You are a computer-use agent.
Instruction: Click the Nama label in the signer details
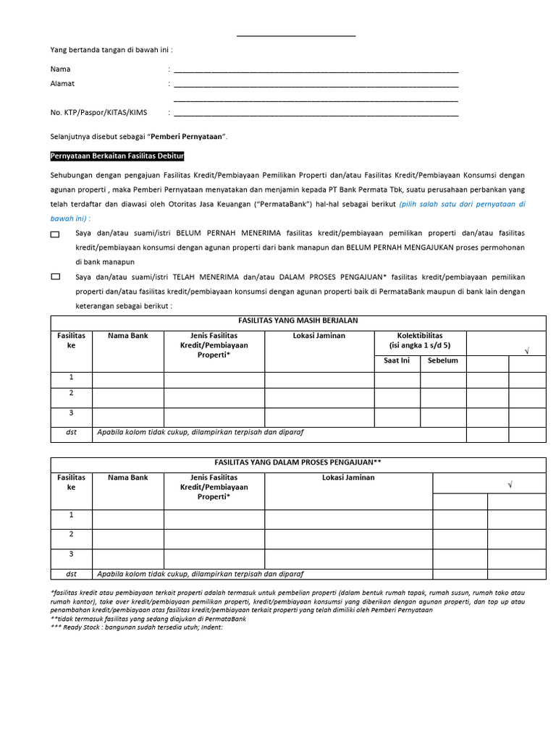(x=60, y=69)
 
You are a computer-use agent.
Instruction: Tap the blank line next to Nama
(x=316, y=71)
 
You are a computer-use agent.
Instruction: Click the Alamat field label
(x=62, y=84)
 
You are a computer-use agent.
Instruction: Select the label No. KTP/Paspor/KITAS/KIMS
(x=98, y=112)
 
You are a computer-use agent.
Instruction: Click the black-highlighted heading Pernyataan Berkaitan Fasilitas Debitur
(x=117, y=156)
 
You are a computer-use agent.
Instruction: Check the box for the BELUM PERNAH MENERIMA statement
(x=56, y=235)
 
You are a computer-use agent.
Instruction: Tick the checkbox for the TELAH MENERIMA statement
(x=56, y=277)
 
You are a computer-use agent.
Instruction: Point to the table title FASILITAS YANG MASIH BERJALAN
(x=298, y=321)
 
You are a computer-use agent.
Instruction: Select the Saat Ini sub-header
(x=396, y=360)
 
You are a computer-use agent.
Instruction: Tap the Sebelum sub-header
(x=442, y=360)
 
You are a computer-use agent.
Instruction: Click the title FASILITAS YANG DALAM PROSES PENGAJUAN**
(x=298, y=462)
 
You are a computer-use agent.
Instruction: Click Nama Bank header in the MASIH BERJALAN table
(x=128, y=336)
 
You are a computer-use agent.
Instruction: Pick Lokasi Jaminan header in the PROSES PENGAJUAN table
(x=348, y=478)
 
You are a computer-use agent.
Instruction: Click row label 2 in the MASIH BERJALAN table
(x=71, y=393)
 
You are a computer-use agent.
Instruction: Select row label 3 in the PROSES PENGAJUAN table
(x=71, y=554)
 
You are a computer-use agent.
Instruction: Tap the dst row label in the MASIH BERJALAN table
(x=71, y=432)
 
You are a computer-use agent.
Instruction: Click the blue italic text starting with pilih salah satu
(x=462, y=205)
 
